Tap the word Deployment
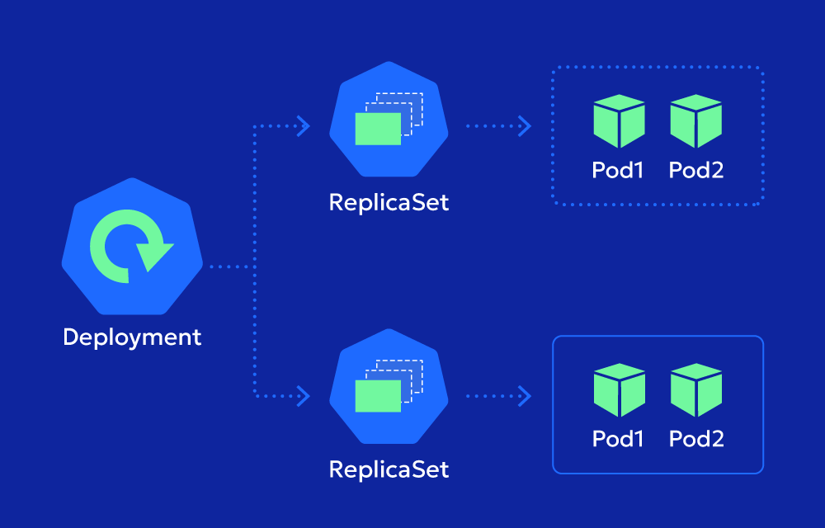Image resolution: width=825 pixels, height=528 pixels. [132, 337]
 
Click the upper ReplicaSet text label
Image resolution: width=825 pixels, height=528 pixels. [389, 202]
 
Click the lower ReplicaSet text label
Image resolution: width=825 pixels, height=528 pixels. [389, 469]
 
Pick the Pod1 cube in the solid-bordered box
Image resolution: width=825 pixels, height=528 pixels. [619, 389]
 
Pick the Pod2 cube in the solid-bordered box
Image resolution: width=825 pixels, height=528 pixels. [695, 389]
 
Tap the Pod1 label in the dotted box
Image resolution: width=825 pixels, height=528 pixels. [618, 170]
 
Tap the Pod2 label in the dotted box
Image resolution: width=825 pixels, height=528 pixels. [695, 170]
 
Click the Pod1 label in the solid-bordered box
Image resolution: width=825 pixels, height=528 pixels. [618, 438]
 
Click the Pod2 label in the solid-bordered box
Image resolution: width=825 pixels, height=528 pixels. [695, 438]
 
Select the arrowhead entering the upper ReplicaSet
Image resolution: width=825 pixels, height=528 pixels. [304, 126]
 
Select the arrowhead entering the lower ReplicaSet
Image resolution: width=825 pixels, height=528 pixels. [304, 396]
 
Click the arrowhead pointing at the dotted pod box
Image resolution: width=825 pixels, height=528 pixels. [525, 126]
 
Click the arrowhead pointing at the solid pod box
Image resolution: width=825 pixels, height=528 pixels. [525, 396]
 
